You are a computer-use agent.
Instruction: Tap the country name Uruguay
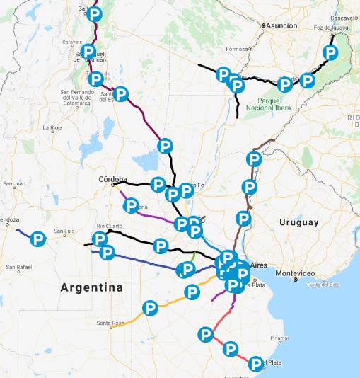pyautogui.click(x=299, y=222)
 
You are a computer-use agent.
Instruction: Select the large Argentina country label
pyautogui.click(x=91, y=287)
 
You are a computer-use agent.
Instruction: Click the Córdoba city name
pyautogui.click(x=113, y=179)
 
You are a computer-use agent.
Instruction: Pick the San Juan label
pyautogui.click(x=14, y=184)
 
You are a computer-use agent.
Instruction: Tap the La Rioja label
pyautogui.click(x=53, y=128)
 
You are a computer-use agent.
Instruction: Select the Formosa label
pyautogui.click(x=238, y=49)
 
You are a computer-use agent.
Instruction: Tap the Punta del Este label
pyautogui.click(x=320, y=284)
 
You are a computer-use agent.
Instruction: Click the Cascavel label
pyautogui.click(x=345, y=17)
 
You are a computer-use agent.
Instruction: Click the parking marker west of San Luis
pyautogui.click(x=38, y=239)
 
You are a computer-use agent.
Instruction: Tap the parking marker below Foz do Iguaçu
pyautogui.click(x=330, y=52)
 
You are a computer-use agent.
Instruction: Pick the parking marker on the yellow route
pyautogui.click(x=150, y=308)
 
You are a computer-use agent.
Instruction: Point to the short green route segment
pyautogui.click(x=194, y=256)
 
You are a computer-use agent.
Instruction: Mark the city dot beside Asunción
pyautogui.click(x=263, y=25)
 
